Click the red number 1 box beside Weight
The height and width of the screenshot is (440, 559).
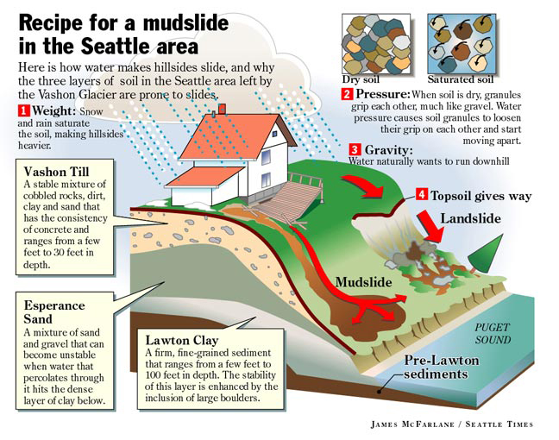click(x=23, y=110)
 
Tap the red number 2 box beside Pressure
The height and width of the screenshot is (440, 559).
click(x=347, y=94)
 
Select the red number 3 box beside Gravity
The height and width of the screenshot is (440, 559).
click(x=355, y=149)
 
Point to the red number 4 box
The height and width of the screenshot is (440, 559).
click(x=422, y=194)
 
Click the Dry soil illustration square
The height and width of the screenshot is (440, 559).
click(x=376, y=44)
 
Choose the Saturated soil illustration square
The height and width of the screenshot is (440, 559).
click(x=462, y=44)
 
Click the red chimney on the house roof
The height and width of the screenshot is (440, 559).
click(x=222, y=109)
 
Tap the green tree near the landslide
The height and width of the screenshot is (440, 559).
click(x=486, y=253)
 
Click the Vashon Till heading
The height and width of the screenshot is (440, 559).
click(x=56, y=172)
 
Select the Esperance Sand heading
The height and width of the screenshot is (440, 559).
click(x=54, y=312)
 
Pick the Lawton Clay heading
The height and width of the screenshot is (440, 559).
click(x=181, y=341)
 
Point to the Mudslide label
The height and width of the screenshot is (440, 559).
click(x=363, y=282)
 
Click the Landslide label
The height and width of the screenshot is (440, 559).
click(x=471, y=218)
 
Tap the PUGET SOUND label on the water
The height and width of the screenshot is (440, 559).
click(x=493, y=334)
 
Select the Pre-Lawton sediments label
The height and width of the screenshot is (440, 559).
click(x=442, y=367)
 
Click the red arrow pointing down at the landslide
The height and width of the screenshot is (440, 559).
click(x=431, y=227)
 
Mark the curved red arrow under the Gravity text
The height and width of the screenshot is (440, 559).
click(x=364, y=186)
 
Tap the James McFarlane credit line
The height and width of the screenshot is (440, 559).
click(x=452, y=424)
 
